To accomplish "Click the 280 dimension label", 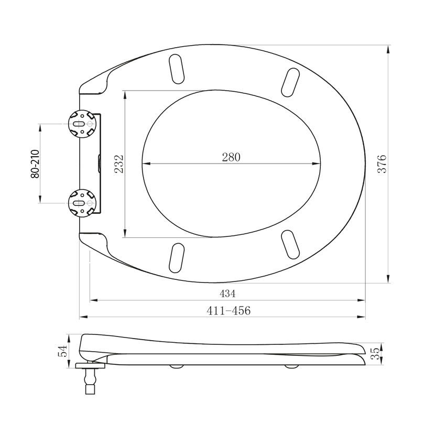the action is pos(231,157).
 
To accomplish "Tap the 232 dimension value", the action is pos(119,164).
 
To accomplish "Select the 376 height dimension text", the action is pos(382,164).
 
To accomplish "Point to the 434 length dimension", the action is pos(227,293).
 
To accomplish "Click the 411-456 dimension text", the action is pos(229,310).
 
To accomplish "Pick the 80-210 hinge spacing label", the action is pos(35,164).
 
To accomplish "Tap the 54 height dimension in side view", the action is pos(62,351).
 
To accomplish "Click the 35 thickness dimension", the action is pos(375,353).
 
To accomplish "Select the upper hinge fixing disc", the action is pos(82,124).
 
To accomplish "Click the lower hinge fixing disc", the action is pos(82,203).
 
